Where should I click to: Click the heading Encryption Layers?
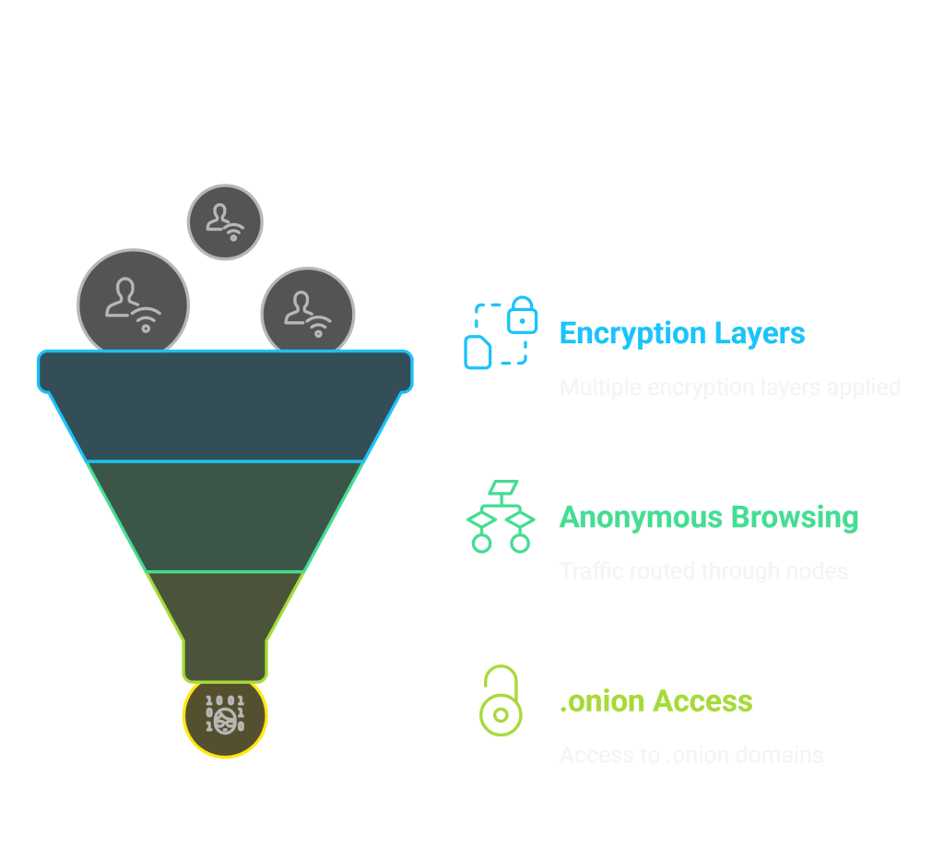pos(681,333)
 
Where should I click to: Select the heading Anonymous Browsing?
pos(708,517)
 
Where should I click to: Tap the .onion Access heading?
pos(655,701)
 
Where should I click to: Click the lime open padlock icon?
pos(500,701)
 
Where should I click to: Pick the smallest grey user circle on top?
pos(225,222)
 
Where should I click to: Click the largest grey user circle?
pos(133,304)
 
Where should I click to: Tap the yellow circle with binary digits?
pos(225,716)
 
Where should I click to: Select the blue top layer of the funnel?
pos(225,406)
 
